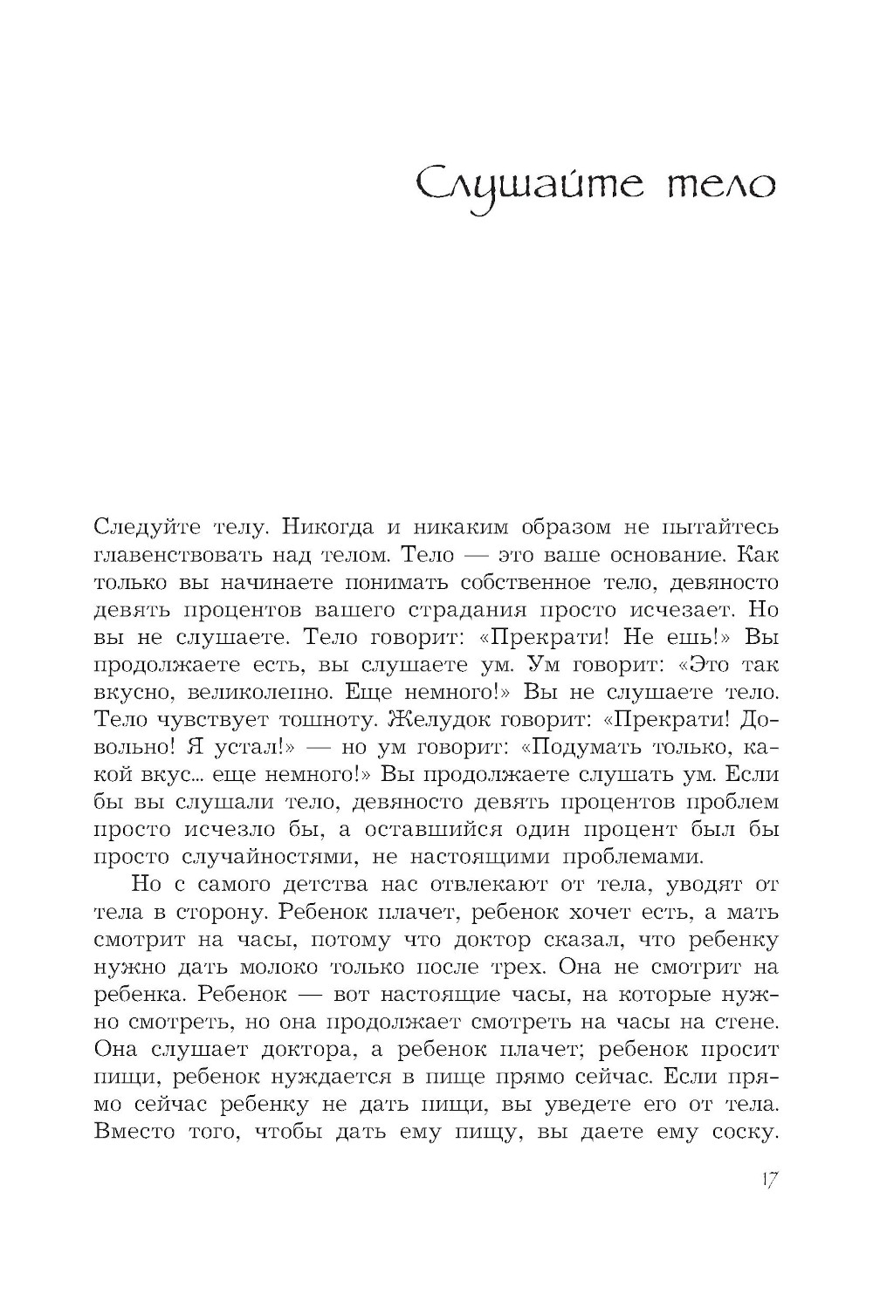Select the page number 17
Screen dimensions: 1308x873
click(x=767, y=1180)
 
